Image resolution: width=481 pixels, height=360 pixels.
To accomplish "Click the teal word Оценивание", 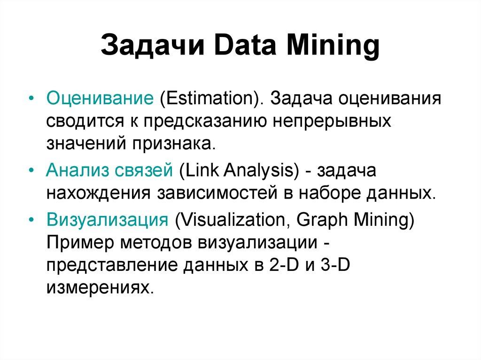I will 100,100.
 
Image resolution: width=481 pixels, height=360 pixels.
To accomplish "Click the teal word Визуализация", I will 107,220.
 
